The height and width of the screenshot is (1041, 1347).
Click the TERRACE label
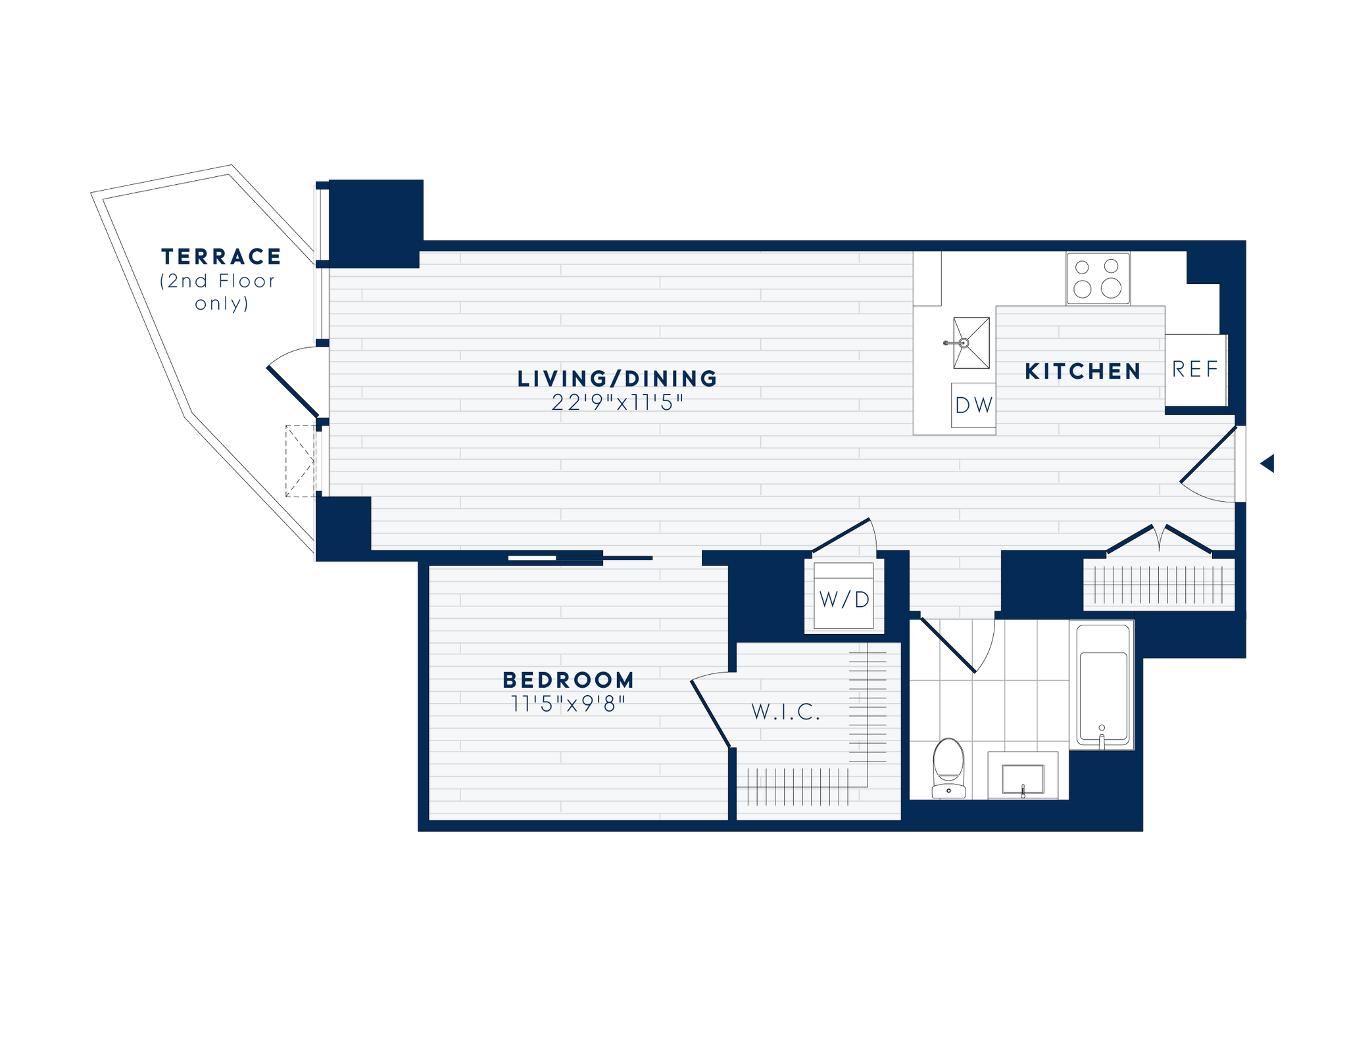[x=221, y=256]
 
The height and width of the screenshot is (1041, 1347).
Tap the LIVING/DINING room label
[x=617, y=379]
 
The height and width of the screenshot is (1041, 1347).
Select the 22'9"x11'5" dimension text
[x=617, y=402]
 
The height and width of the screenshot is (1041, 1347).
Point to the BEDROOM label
[x=568, y=680]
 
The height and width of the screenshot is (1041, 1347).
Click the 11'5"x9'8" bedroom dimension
[x=568, y=704]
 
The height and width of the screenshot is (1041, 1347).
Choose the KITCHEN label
[x=1083, y=372]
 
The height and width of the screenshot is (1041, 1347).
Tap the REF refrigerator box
[x=1195, y=370]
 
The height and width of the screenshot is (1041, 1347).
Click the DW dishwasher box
[x=973, y=405]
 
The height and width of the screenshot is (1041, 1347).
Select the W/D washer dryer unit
[x=844, y=596]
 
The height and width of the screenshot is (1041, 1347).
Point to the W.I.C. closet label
[x=786, y=712]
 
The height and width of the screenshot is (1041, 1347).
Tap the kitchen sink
[x=971, y=343]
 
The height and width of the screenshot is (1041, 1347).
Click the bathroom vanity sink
[x=1023, y=779]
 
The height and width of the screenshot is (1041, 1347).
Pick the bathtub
[x=1102, y=684]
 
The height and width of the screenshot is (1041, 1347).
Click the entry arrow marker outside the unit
[x=1267, y=463]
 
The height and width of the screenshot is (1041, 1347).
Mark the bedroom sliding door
[x=579, y=558]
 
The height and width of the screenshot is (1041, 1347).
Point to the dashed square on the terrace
[x=301, y=461]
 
